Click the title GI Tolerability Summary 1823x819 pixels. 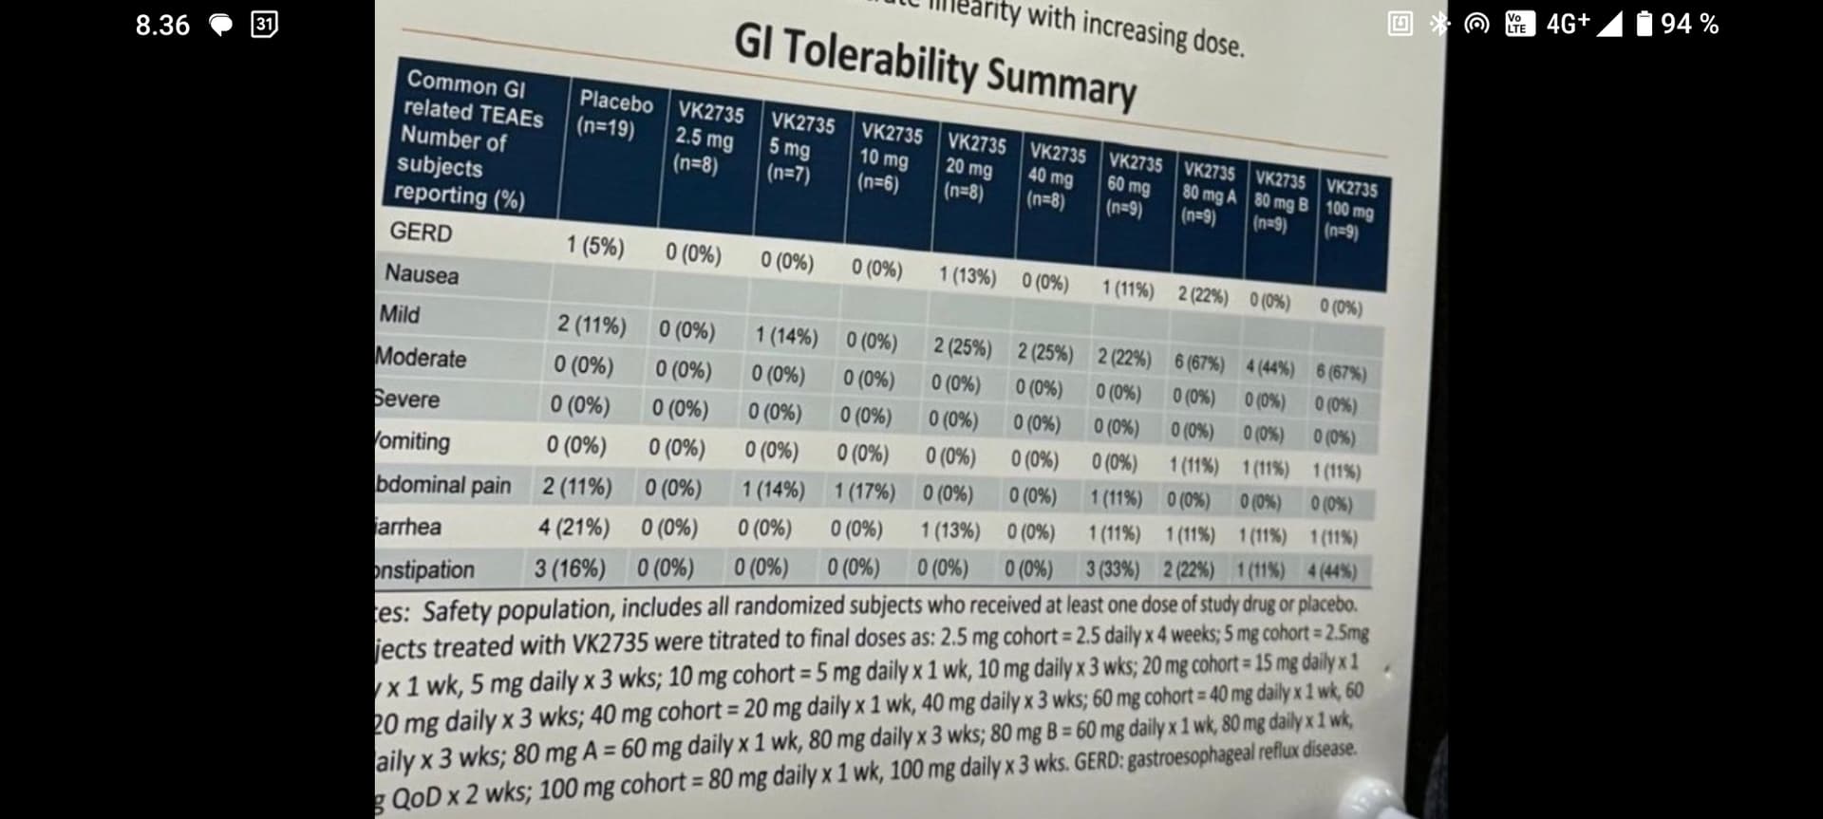pyautogui.click(x=934, y=65)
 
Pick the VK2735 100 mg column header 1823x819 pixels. pyautogui.click(x=1349, y=210)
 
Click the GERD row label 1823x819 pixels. pyautogui.click(x=421, y=232)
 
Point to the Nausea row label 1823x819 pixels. pyautogui.click(x=422, y=274)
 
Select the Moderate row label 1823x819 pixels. pyautogui.click(x=421, y=358)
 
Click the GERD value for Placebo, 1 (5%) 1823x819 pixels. pyautogui.click(x=595, y=246)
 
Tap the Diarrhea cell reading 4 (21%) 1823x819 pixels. pyautogui.click(x=573, y=527)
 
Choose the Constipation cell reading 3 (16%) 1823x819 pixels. pyautogui.click(x=569, y=568)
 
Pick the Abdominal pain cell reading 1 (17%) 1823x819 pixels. pyautogui.click(x=864, y=491)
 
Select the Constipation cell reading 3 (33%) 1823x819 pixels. pyautogui.click(x=1112, y=568)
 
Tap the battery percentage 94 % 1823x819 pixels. pyautogui.click(x=1689, y=24)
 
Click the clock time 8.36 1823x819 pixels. pyautogui.click(x=162, y=25)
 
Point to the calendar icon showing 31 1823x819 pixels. pyautogui.click(x=264, y=25)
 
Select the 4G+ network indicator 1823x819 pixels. pyautogui.click(x=1568, y=24)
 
